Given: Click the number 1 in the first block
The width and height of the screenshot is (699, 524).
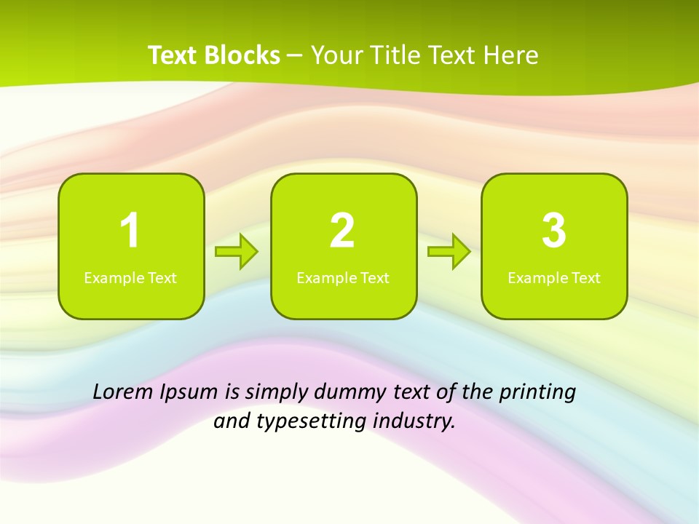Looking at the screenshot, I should (x=130, y=231).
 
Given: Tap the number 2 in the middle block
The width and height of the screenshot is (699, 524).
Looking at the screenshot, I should (x=342, y=231).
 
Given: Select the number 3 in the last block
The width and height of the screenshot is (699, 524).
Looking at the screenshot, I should (x=554, y=231).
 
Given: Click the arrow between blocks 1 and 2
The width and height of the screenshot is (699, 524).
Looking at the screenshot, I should (x=237, y=252).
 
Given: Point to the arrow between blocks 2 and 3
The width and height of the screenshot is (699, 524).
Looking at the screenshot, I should (x=449, y=252).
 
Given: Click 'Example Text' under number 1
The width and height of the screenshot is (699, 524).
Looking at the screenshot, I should (x=130, y=278).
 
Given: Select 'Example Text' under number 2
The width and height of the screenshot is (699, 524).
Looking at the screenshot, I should (x=343, y=278).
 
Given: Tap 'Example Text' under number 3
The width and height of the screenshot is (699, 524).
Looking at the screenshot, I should (x=554, y=278).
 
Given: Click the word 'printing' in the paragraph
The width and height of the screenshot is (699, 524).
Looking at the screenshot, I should (x=537, y=392).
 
